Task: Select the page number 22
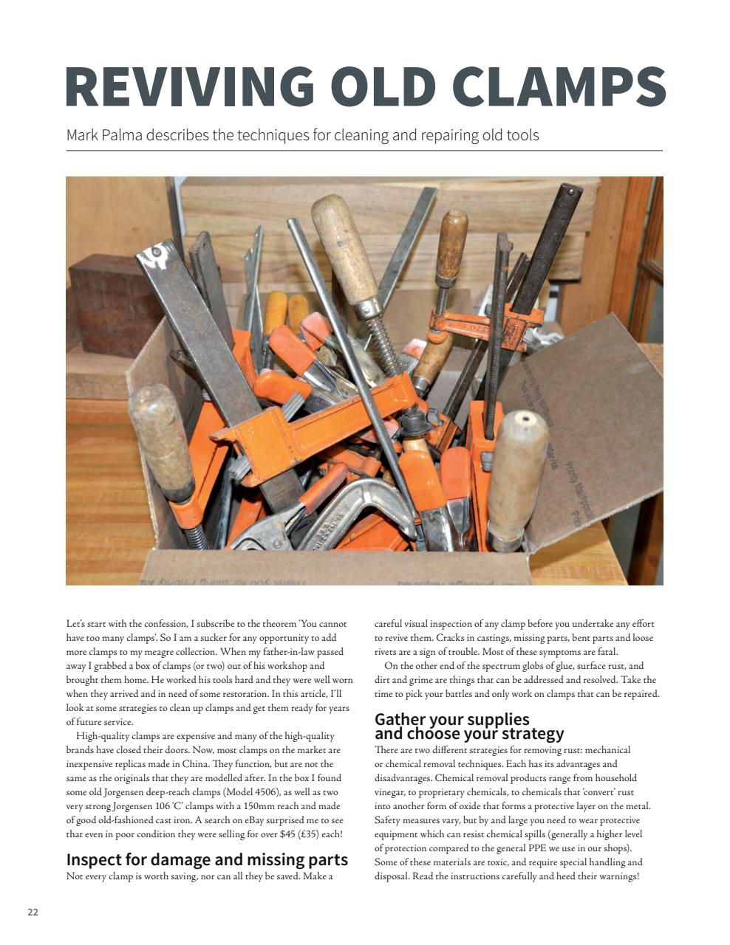(x=33, y=912)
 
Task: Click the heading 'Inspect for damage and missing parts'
(x=207, y=859)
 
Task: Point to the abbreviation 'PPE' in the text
(x=524, y=848)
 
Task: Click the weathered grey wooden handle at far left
(x=160, y=443)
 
